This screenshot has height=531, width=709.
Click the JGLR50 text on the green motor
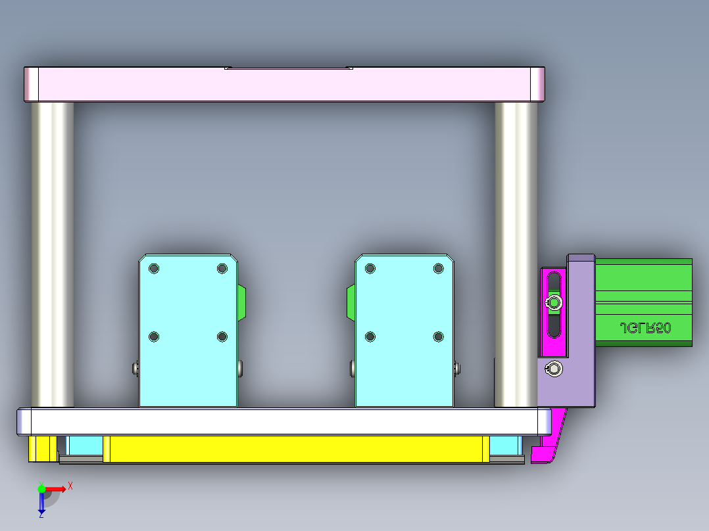(x=645, y=328)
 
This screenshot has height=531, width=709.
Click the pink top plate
(x=283, y=85)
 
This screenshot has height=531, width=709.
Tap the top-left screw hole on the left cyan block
(x=154, y=269)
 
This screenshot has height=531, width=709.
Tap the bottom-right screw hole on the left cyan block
(x=222, y=336)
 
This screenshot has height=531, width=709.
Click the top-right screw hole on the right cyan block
(x=439, y=269)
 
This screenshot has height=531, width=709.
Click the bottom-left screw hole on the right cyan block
(x=370, y=336)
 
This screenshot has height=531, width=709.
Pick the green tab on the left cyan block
(x=242, y=303)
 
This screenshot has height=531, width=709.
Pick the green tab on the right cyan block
(x=351, y=303)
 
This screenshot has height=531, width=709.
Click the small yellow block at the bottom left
(x=42, y=448)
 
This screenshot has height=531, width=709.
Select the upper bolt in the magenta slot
(x=554, y=302)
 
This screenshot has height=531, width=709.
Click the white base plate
(x=283, y=421)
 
